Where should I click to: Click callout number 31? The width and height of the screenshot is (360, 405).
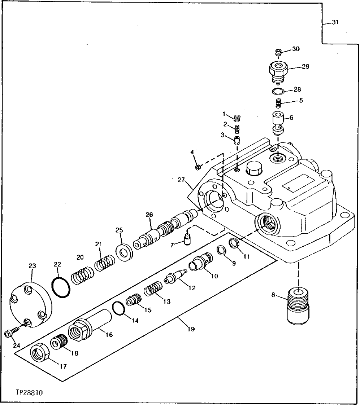335,22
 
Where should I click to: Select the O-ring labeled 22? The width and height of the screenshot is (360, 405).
61,287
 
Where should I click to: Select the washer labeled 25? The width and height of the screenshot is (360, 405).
124,251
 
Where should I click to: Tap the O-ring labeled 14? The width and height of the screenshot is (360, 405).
118,308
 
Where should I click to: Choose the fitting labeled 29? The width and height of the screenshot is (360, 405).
278,72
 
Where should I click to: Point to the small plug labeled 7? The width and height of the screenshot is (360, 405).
187,239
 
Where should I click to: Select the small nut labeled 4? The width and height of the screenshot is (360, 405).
198,167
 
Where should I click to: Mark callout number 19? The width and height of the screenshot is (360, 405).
191,329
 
